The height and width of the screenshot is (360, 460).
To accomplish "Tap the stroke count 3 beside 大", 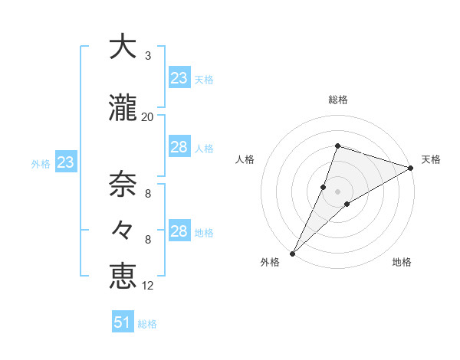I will point(148,56).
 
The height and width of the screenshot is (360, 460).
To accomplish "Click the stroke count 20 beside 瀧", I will point(148,117).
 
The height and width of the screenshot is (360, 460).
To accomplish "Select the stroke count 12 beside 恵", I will point(148,286).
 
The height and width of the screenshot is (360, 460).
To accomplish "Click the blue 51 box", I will point(123,322).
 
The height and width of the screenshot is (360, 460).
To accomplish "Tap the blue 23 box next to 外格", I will point(65,162).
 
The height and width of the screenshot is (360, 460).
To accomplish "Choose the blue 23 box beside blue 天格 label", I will point(179,78).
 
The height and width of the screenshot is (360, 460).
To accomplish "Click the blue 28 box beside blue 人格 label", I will point(179,148).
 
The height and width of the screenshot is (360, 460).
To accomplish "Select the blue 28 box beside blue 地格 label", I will point(179,231).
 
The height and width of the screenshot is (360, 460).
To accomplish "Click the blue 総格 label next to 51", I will point(147,324).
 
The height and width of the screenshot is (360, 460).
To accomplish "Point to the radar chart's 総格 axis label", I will point(337,100).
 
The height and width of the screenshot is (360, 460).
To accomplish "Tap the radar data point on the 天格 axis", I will point(411,168).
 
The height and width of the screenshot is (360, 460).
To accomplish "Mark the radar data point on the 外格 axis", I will point(292,253).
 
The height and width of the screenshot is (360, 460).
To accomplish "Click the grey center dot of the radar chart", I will point(337,191).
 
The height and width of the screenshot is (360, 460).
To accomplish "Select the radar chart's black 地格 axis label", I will point(402,263).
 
